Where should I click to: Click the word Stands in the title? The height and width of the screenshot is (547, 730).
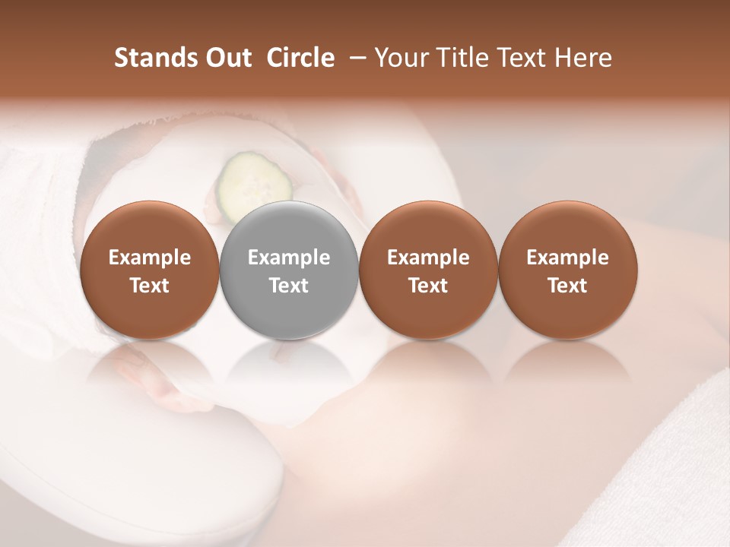[155, 58]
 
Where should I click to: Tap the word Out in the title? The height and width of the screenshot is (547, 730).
[227, 58]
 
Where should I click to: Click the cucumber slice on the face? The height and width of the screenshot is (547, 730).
[255, 182]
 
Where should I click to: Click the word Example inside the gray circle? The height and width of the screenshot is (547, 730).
[289, 258]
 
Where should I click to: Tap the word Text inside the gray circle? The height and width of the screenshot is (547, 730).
[289, 286]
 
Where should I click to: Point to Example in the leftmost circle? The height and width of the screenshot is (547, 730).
[149, 258]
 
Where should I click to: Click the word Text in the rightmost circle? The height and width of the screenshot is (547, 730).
[568, 286]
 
